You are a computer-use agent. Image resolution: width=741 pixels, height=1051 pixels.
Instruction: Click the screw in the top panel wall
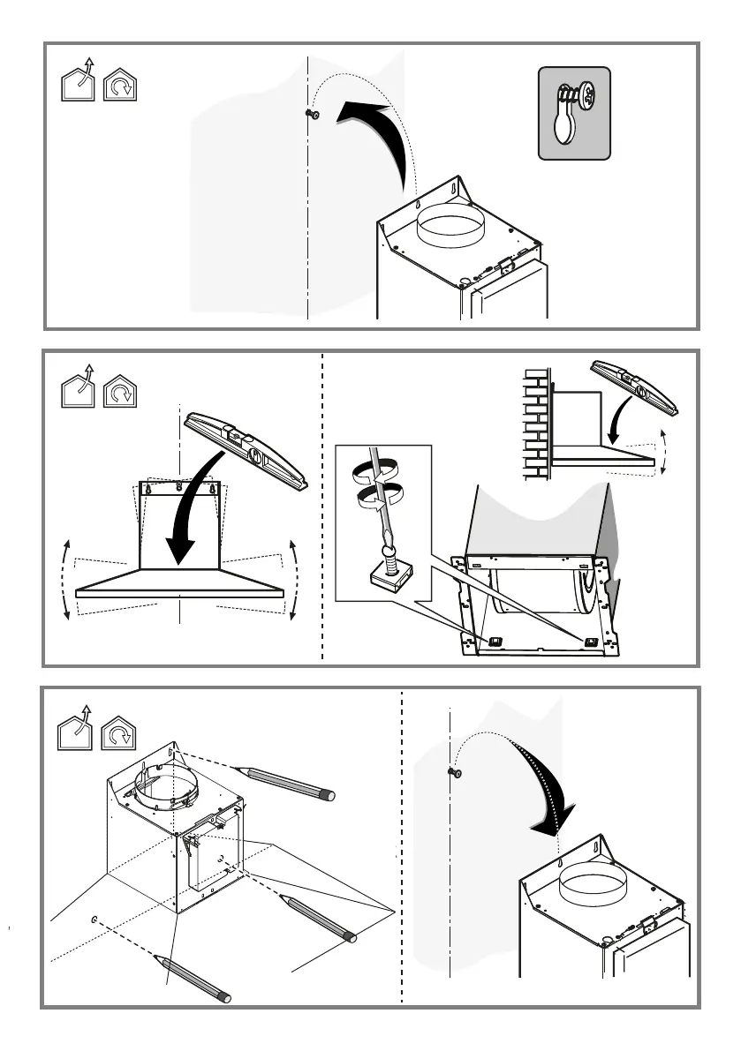click(312, 114)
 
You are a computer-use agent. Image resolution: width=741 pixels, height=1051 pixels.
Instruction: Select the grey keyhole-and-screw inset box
click(574, 114)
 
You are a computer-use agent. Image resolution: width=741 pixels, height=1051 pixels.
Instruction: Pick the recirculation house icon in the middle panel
click(121, 389)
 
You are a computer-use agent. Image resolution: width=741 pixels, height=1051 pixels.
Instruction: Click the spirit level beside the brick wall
click(637, 387)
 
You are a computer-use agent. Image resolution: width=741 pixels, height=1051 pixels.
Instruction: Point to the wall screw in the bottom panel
click(456, 772)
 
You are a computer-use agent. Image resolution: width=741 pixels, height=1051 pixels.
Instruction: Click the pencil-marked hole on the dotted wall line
click(94, 920)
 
